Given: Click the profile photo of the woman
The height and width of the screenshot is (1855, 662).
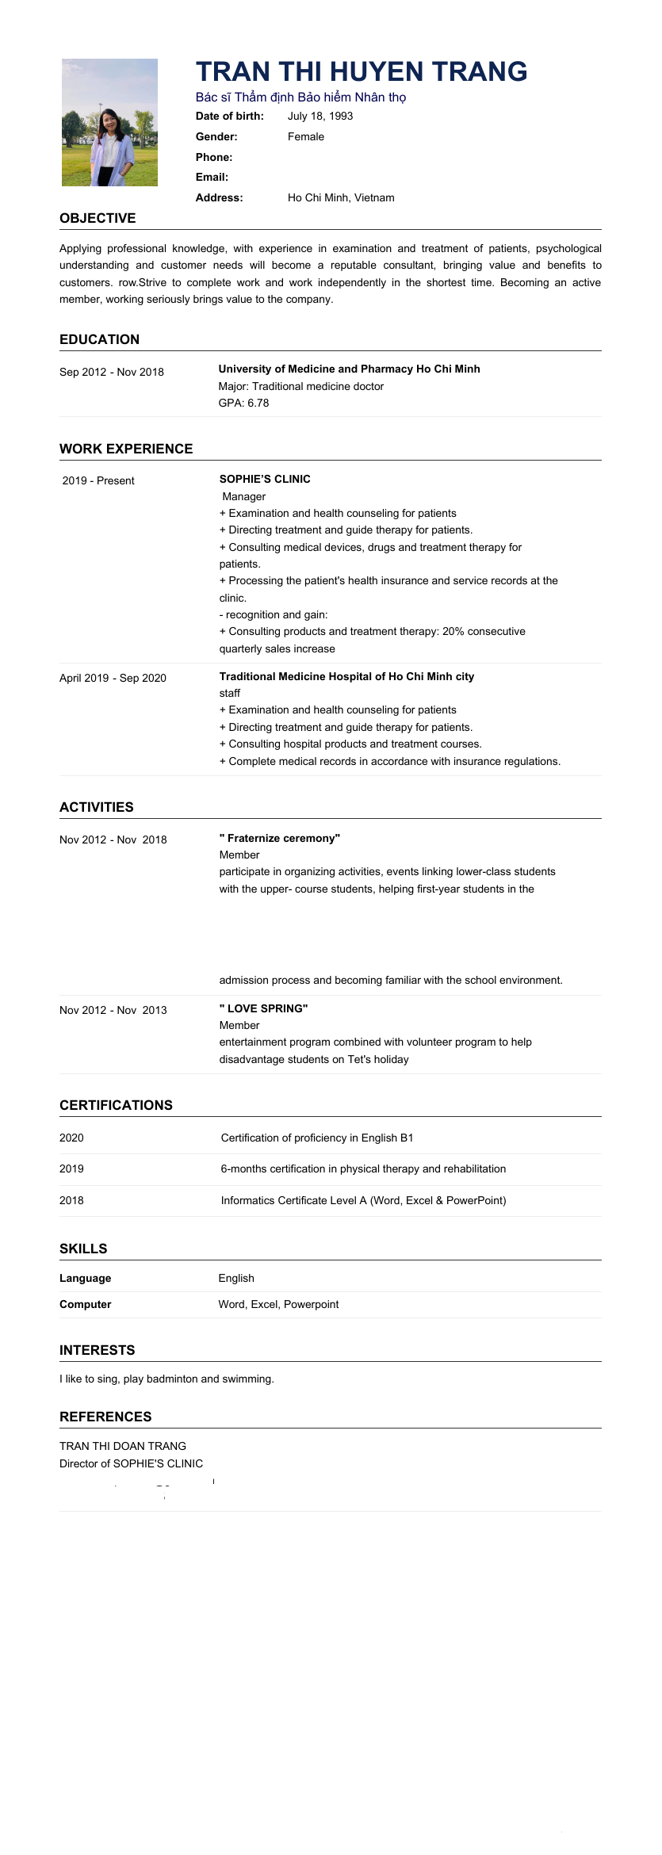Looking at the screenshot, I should (x=109, y=122).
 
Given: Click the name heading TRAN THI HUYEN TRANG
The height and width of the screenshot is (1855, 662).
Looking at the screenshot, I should (x=362, y=71).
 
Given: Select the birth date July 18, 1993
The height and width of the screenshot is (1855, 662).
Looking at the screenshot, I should (x=320, y=116).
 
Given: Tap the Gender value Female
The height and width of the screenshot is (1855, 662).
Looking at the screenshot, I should (x=306, y=136).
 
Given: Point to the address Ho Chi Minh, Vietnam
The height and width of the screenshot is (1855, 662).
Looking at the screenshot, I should (x=341, y=197).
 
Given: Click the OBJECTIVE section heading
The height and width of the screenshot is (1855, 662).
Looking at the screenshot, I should (x=98, y=218).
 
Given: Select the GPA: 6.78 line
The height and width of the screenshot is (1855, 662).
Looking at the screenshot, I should (x=243, y=403).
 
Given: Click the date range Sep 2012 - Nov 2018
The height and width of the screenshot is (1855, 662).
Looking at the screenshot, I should (x=112, y=372).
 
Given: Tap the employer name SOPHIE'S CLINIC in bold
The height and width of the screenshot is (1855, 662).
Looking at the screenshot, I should (x=265, y=479).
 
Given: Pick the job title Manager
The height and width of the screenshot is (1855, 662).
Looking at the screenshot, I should (x=244, y=496).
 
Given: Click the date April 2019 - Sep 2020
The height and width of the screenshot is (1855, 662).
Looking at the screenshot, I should (x=113, y=678).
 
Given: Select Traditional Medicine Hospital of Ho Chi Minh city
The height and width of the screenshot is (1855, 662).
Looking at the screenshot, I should (x=346, y=676).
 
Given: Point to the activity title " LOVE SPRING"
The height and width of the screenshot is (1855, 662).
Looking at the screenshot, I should (x=263, y=1008).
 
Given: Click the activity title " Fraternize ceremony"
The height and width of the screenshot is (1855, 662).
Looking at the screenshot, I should (x=279, y=838).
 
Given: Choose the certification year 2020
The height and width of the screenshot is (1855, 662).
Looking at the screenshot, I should (x=71, y=1138).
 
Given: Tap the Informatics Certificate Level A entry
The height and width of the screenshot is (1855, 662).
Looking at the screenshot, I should (x=363, y=1200).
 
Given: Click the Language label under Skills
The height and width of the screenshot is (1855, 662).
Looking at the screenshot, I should (x=86, y=1278).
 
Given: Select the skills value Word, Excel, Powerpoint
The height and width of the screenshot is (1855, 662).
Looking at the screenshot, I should (x=278, y=1304).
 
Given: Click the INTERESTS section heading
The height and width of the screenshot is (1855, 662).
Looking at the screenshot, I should (x=98, y=1350).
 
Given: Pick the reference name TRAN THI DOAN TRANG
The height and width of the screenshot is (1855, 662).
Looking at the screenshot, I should (x=123, y=1446).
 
